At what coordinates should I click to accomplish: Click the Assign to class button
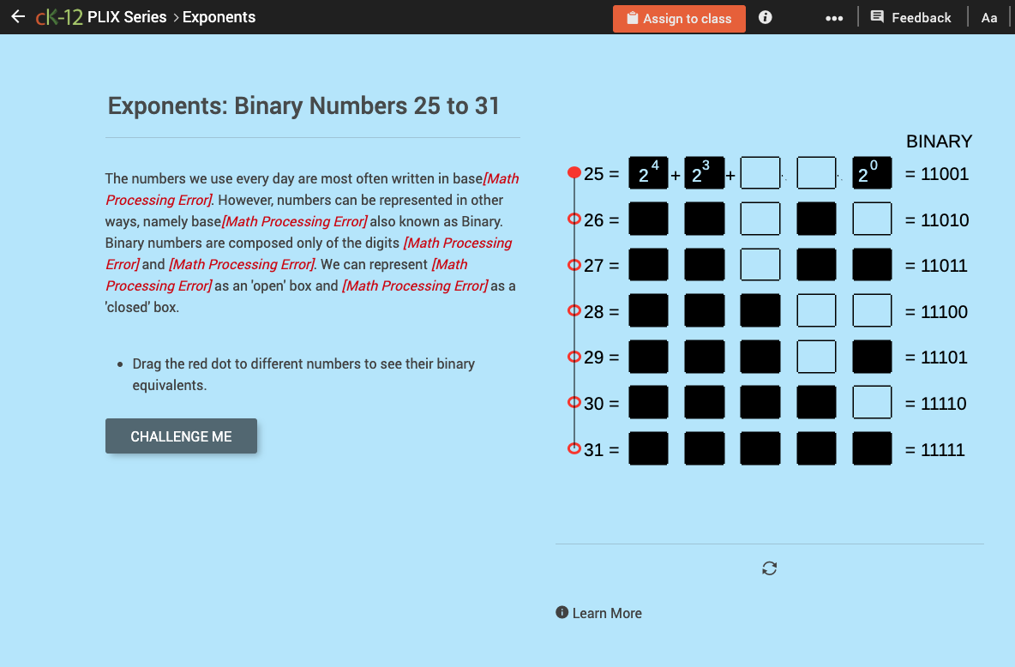point(679,18)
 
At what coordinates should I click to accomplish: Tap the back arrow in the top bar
point(18,17)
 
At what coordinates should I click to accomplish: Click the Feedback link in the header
point(910,18)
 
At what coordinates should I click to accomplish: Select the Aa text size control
point(989,18)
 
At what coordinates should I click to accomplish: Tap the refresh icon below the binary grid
point(769,568)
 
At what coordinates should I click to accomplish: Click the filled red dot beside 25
point(574,173)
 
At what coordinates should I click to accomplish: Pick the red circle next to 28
point(574,311)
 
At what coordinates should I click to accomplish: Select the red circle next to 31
point(574,448)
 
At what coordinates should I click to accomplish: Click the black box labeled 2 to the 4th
point(648,173)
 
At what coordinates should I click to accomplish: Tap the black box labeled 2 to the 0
point(872,173)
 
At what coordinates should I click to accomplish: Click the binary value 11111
point(942,450)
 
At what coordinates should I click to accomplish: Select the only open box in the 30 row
point(872,403)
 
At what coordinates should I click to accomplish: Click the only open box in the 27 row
point(760,265)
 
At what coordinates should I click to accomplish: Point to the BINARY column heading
point(939,141)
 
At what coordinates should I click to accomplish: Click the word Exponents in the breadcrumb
point(219,17)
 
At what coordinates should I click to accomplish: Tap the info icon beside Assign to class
point(766,18)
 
